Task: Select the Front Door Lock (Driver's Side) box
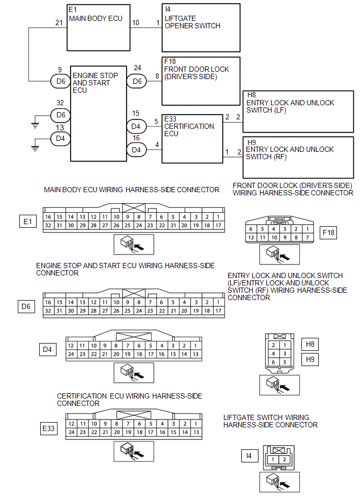pos(201,81)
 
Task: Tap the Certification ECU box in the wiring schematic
pos(193,139)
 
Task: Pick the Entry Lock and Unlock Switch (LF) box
pos(298,111)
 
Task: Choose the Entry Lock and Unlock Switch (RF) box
pos(298,157)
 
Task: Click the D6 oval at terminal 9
pos(61,81)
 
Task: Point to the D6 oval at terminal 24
pos(137,81)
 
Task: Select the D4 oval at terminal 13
pos(61,138)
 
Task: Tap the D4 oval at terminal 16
pos(136,150)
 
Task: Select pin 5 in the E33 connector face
pos(150,424)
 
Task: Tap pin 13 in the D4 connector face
pos(196,355)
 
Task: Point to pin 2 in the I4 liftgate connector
pos(283,459)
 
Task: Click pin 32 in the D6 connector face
pos(48,311)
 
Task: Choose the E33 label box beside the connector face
pos(49,429)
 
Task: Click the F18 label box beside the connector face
pos(328,233)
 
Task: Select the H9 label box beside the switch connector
pos(310,359)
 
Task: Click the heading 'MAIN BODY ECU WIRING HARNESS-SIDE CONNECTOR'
pos(132,190)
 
